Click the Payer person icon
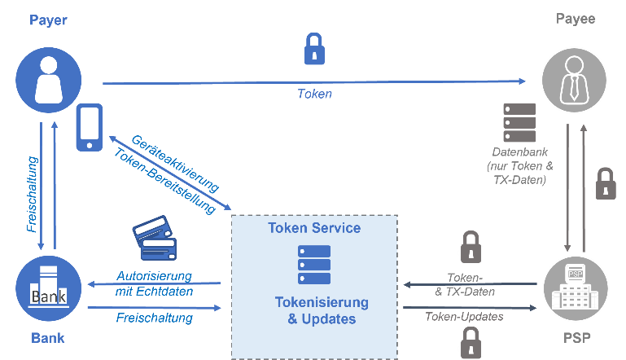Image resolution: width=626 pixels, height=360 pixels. point(49,80)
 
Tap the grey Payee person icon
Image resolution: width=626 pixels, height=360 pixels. point(575,80)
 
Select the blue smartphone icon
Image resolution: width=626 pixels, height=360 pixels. point(90,127)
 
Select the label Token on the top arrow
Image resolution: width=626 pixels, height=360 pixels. point(314,94)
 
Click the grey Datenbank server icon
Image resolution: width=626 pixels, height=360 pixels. point(519,123)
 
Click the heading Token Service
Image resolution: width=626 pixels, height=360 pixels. point(314,228)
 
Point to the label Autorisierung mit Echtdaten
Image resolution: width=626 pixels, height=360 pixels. point(154,283)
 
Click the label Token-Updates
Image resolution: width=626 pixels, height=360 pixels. point(465,316)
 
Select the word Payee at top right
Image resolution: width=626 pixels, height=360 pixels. point(575,19)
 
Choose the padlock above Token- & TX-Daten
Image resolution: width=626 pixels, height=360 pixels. point(471,248)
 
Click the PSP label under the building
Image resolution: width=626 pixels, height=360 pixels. point(575,338)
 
